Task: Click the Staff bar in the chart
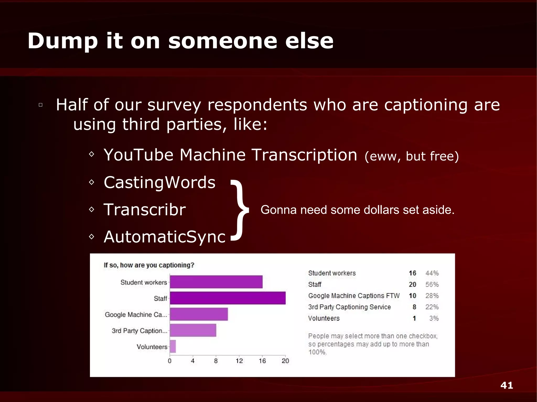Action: [x=228, y=298]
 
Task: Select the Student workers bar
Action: [x=216, y=282]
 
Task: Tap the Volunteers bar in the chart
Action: [x=173, y=346]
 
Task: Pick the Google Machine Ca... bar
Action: [x=199, y=314]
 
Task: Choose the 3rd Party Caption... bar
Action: [x=193, y=330]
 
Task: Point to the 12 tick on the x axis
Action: [x=239, y=361]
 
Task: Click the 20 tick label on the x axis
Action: [x=285, y=361]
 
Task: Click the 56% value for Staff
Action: [x=432, y=284]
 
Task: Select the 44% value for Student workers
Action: [x=432, y=273]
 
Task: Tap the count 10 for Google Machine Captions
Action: [x=412, y=296]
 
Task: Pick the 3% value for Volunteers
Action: [x=434, y=318]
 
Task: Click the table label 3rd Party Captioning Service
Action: [x=350, y=307]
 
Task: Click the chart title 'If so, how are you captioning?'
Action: [x=149, y=265]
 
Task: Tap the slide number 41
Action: [x=507, y=385]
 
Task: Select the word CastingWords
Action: [x=159, y=182]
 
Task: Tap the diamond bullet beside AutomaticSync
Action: [x=92, y=237]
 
